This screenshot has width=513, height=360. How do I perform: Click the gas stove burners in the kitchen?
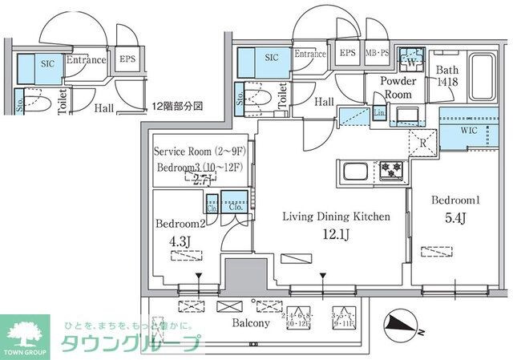(392, 168)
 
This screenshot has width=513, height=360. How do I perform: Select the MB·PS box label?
(378, 54)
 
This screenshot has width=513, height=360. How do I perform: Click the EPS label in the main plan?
(347, 54)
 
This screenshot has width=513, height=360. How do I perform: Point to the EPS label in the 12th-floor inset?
(127, 59)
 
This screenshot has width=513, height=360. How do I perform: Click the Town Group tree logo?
(26, 333)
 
